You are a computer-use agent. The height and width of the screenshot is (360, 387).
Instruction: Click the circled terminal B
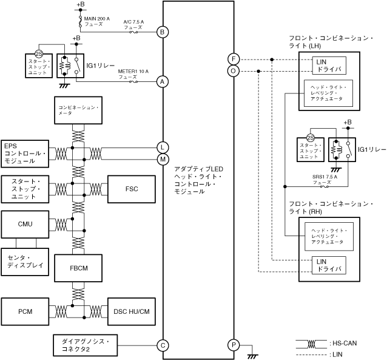[x=162, y=32]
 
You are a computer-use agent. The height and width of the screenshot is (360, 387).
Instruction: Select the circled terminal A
[x=162, y=81]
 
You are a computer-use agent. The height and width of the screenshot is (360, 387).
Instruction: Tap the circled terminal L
[x=162, y=147]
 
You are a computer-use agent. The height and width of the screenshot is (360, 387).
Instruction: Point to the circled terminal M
[x=162, y=159]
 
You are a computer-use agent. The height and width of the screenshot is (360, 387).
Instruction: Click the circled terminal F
[x=234, y=59]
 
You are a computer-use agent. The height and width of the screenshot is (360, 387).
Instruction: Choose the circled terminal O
[x=234, y=71]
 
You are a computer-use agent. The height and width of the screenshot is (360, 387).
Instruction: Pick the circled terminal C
[x=162, y=345]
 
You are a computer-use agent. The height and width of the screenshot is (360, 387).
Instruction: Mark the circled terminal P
[x=234, y=345]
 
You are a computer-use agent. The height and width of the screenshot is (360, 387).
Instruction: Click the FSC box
[x=132, y=189]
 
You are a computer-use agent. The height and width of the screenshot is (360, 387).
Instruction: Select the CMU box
[x=25, y=224]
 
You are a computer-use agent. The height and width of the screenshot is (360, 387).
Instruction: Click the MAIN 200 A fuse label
[x=97, y=22]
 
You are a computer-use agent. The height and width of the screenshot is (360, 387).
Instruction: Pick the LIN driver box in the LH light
[x=329, y=65]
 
